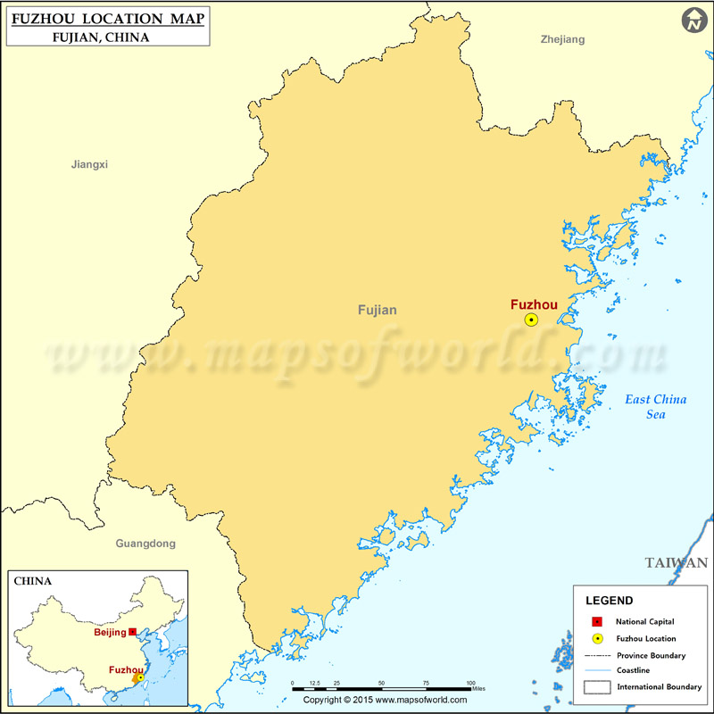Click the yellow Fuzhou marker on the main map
[531, 320]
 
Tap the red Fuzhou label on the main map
[534, 304]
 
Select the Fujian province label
[378, 311]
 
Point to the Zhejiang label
[562, 39]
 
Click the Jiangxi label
[89, 164]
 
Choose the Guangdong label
[145, 543]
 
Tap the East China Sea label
[655, 406]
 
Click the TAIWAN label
[677, 562]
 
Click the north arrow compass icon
[694, 21]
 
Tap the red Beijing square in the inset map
[132, 632]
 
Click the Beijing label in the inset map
[110, 633]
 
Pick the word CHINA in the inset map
[33, 581]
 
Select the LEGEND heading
[610, 601]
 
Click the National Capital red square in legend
[598, 621]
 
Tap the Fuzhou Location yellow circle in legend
[598, 639]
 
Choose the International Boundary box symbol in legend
[598, 686]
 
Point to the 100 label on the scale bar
[470, 683]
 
